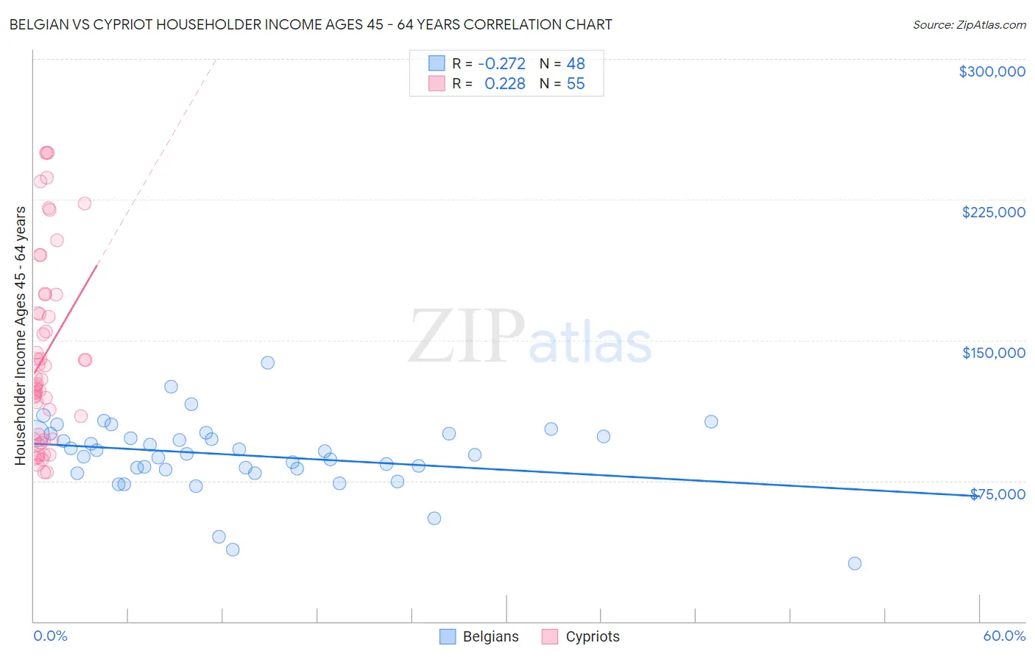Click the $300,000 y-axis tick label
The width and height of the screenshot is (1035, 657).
(x=992, y=71)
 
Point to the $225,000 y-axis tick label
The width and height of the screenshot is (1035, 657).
(x=993, y=212)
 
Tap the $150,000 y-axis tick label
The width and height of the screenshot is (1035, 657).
(x=993, y=353)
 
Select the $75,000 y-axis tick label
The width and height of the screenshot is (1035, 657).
(x=997, y=494)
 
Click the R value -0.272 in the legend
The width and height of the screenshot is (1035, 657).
(x=501, y=64)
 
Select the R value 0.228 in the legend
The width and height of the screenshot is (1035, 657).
(x=504, y=84)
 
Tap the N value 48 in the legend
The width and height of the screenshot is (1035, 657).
(x=576, y=64)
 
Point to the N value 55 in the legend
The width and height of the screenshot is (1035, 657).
(x=576, y=84)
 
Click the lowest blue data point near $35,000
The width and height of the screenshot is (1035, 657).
(x=855, y=563)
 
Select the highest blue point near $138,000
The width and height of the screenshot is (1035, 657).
(x=268, y=362)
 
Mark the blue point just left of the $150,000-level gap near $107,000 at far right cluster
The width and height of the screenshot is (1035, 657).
(x=711, y=421)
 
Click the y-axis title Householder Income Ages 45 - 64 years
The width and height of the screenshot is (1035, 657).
(x=21, y=336)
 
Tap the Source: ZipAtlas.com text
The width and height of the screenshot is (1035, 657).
(x=969, y=25)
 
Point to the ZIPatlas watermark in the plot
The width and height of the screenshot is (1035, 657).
(x=530, y=337)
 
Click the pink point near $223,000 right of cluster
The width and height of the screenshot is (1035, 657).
(x=85, y=203)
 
